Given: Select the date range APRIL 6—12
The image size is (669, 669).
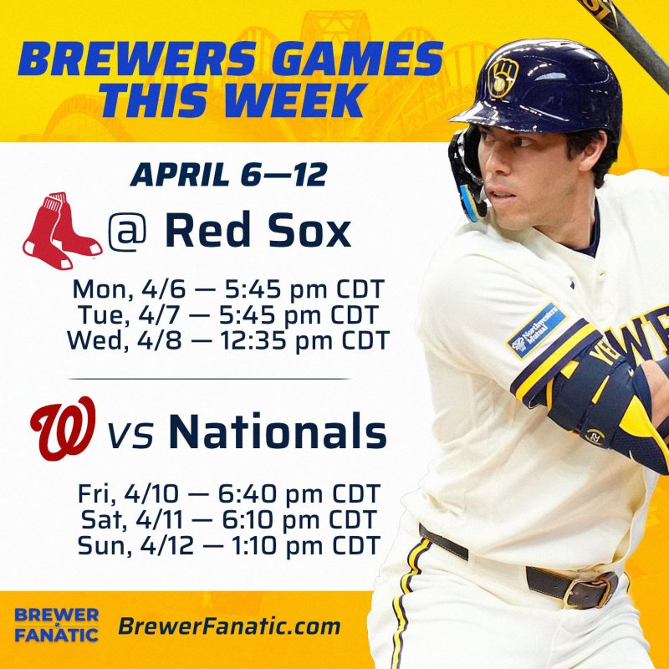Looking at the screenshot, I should [x=228, y=175].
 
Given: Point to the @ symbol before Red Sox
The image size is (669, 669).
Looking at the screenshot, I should [x=127, y=232].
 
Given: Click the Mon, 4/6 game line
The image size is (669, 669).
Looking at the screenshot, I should [x=227, y=290].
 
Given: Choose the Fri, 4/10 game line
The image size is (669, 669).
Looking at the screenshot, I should [x=228, y=493].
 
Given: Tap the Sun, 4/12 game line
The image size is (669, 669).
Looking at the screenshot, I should [x=228, y=545].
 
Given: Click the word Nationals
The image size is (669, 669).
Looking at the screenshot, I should [x=277, y=432].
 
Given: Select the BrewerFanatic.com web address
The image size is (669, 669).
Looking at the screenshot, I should [x=229, y=626].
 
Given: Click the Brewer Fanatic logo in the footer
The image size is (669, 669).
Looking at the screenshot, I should [x=56, y=625].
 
